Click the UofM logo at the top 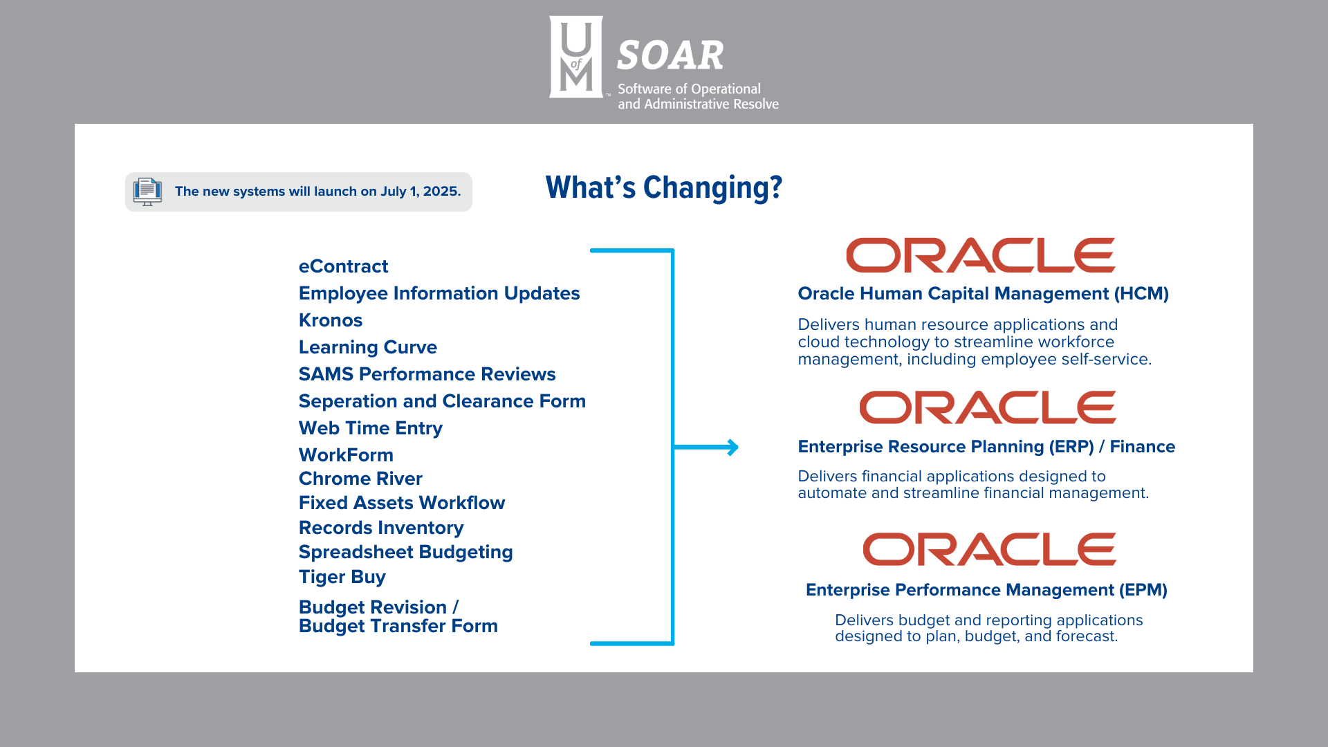click(x=576, y=57)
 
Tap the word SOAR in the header click(x=670, y=55)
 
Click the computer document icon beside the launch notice click(x=147, y=192)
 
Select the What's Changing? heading click(x=664, y=188)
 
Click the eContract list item click(x=343, y=266)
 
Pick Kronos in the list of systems click(x=331, y=320)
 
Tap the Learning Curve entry click(x=368, y=347)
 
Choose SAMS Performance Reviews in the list click(x=427, y=374)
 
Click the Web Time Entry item click(x=371, y=429)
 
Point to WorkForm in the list click(x=346, y=455)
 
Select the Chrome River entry click(x=360, y=479)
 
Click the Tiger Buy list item click(x=342, y=578)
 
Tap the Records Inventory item click(x=381, y=528)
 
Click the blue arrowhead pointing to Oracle click(x=733, y=448)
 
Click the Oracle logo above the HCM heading click(x=981, y=255)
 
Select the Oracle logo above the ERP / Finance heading click(x=988, y=407)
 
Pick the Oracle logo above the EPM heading click(x=990, y=549)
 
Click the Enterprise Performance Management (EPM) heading click(x=986, y=590)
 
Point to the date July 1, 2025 click(x=421, y=192)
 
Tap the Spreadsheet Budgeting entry click(x=406, y=553)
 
